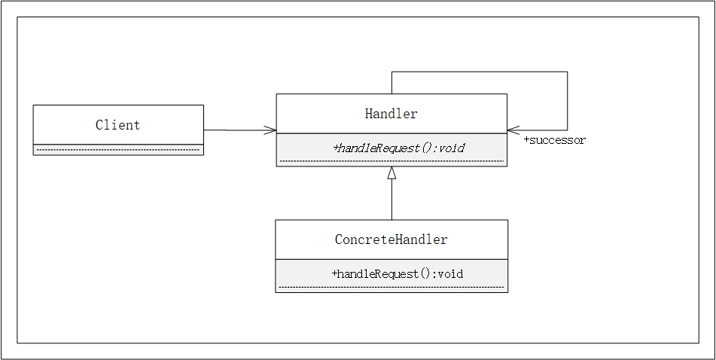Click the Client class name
[117, 125]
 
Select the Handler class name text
[391, 114]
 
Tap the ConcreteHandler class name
[391, 239]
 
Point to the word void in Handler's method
[452, 148]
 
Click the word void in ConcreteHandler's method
[450, 273]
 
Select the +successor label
[554, 140]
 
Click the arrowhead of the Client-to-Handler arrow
[272, 130]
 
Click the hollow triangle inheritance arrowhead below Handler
[392, 173]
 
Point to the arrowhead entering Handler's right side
[513, 130]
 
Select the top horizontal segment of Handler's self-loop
[479, 72]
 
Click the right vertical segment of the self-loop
[567, 101]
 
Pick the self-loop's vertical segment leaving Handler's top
[392, 83]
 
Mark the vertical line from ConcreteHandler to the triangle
[392, 200]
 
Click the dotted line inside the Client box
[118, 150]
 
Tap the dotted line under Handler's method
[391, 161]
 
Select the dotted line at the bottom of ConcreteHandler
[391, 287]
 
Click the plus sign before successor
[526, 140]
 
